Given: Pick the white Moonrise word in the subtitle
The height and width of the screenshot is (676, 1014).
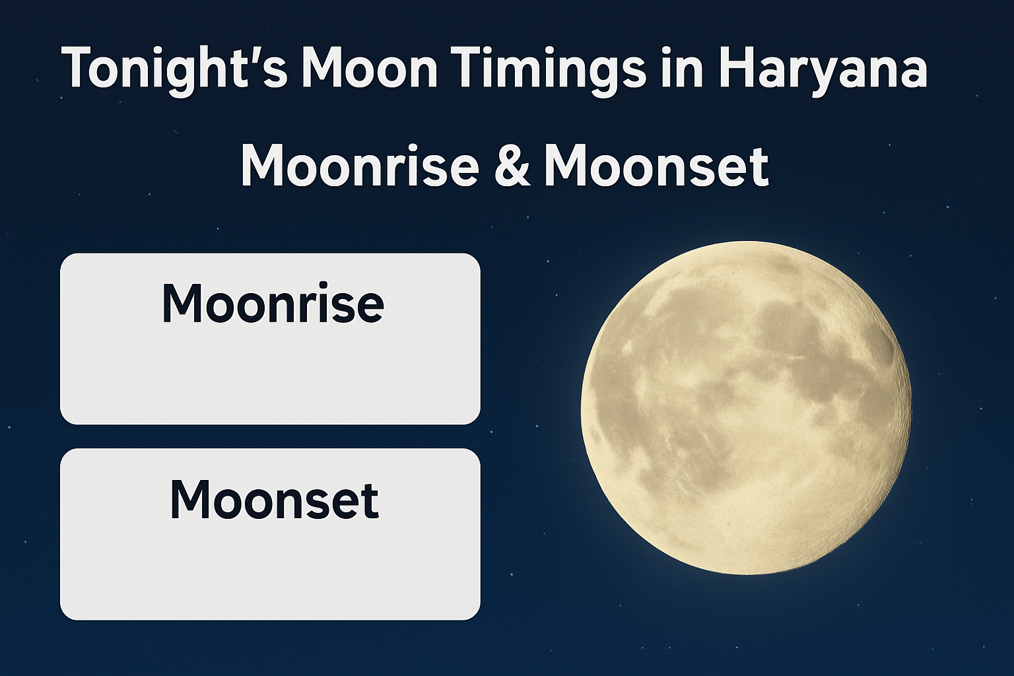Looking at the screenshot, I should point(360,165).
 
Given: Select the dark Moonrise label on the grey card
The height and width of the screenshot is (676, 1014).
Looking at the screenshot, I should point(272,303).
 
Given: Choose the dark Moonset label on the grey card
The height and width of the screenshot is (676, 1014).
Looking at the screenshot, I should point(273,499).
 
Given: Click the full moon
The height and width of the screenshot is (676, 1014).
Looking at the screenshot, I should point(746,407).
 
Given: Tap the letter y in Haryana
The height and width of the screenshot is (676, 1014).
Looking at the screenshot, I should point(831,74).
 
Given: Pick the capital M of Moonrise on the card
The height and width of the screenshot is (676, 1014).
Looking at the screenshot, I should point(183,303).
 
